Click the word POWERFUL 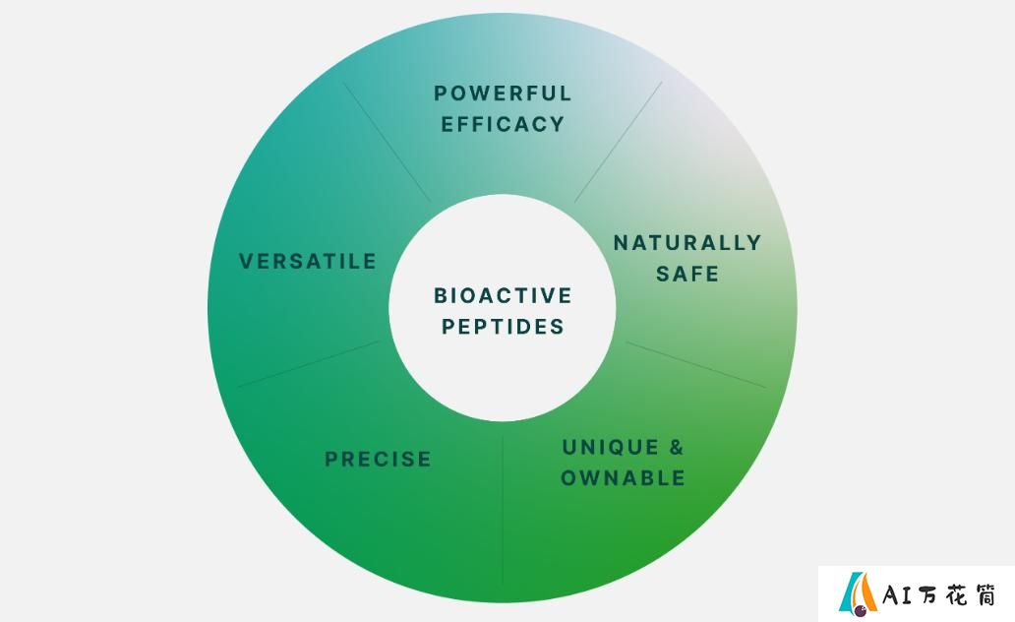pos(503,93)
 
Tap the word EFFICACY pos(503,124)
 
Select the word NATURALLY pos(687,243)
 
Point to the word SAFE pos(687,274)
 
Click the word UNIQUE pos(602,447)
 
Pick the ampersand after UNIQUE pos(676,447)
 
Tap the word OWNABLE pos(623,478)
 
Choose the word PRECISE pos(378,460)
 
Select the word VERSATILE pos(308,261)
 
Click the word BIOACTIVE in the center pos(503,295)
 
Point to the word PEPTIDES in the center pos(503,327)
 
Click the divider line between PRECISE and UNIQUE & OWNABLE pos(503,510)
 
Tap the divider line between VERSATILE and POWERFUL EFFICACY pos(388,142)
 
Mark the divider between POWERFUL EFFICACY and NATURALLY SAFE pos(619,142)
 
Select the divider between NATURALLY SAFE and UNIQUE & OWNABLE pos(696,365)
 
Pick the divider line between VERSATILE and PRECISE pos(309,364)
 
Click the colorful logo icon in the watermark pos(858,591)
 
